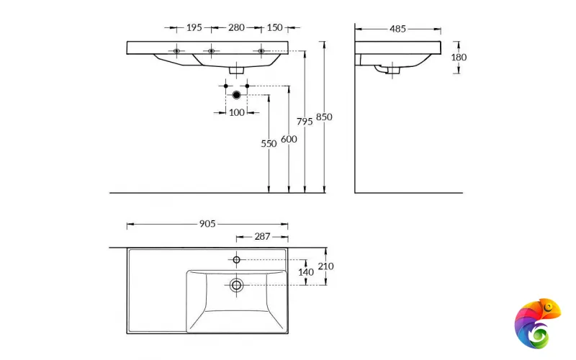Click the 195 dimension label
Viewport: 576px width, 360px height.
(194, 28)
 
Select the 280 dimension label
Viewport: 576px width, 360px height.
(235, 28)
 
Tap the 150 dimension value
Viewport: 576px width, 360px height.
(274, 28)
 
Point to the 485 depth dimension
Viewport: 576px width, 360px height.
(397, 29)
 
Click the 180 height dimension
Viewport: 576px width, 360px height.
(459, 57)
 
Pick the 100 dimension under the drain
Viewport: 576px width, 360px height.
(236, 112)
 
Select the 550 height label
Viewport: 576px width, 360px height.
(269, 143)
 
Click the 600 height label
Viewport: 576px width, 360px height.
(288, 139)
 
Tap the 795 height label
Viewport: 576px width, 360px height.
(305, 122)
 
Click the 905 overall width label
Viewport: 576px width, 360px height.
(207, 225)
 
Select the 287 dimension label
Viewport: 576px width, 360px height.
(261, 236)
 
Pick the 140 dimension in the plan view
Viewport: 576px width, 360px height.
(307, 272)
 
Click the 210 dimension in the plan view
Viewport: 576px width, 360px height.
(325, 266)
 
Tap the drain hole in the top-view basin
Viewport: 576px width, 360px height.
(236, 285)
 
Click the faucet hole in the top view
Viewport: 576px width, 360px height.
(236, 259)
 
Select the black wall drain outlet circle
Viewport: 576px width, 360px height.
(236, 94)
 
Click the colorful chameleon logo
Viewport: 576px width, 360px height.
(537, 321)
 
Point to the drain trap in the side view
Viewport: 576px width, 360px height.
(390, 70)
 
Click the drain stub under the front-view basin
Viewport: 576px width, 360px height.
(236, 70)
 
